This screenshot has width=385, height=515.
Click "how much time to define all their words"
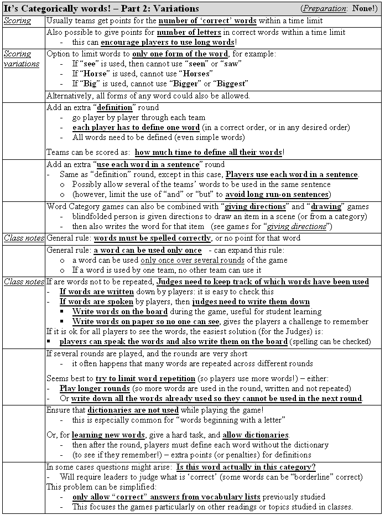click(209, 152)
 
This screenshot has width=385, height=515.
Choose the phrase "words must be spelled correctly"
click(152, 238)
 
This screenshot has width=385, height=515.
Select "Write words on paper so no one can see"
click(146, 321)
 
